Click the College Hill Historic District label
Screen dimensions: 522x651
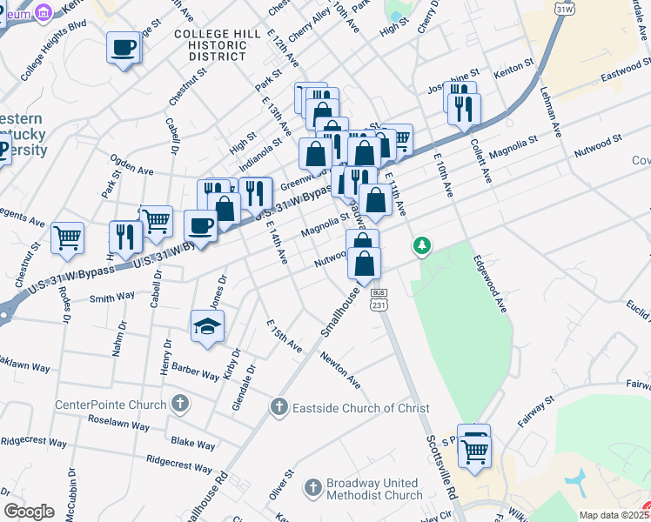coord(210,44)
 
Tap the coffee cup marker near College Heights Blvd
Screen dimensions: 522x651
coord(124,48)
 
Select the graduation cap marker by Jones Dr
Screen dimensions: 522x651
coord(208,327)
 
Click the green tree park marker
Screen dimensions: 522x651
coord(422,246)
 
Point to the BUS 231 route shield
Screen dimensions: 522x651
coord(378,301)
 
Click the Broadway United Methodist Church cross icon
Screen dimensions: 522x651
coord(312,489)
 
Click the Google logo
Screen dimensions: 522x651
coord(29,512)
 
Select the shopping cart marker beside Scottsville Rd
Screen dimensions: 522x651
coord(475,452)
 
